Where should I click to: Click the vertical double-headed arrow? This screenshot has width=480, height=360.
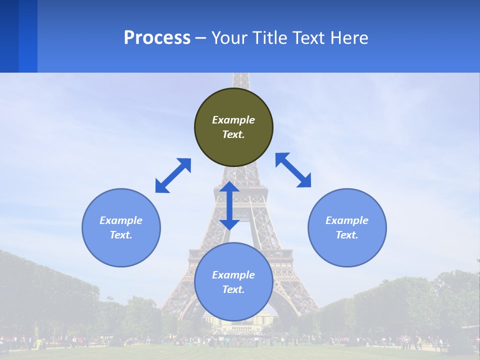(x=229, y=205)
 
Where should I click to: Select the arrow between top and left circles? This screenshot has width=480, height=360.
(x=173, y=175)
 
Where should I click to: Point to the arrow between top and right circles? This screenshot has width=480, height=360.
(x=293, y=170)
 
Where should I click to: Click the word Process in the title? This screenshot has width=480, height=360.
(x=157, y=38)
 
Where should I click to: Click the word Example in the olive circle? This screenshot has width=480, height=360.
(x=233, y=120)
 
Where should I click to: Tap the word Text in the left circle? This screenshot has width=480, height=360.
(x=121, y=235)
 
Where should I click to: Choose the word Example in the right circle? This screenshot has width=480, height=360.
(x=347, y=220)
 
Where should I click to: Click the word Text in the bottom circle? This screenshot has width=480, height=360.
(x=233, y=289)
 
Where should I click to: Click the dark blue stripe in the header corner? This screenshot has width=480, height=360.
(x=9, y=36)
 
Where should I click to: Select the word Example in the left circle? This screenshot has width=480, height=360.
(x=121, y=220)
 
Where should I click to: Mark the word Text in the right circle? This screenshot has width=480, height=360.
(x=347, y=235)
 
